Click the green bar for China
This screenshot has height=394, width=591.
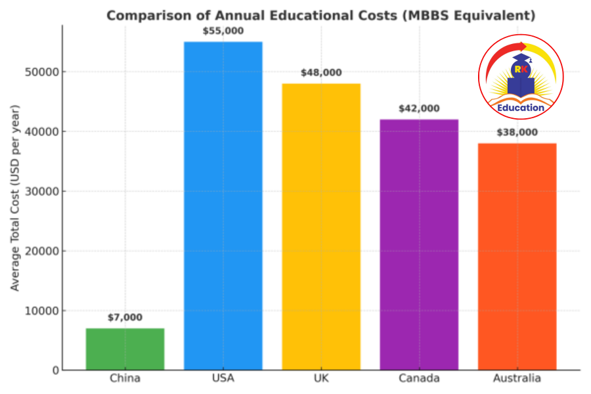click(x=125, y=349)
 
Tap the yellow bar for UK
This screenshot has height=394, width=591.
click(x=321, y=227)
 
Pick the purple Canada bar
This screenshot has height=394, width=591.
click(x=419, y=244)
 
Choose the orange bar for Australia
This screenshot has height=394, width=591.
click(x=517, y=256)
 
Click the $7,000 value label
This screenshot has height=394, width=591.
click(x=125, y=317)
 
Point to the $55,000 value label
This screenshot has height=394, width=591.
click(x=223, y=30)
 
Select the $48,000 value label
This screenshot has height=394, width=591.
click(x=321, y=73)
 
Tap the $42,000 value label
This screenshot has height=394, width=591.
click(x=419, y=108)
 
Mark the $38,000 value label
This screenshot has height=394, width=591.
click(x=517, y=132)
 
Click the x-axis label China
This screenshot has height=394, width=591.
click(x=125, y=378)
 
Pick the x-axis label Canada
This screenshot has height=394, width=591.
click(x=419, y=378)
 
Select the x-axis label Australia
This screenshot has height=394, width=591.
click(x=517, y=378)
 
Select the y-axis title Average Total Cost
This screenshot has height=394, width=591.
click(x=15, y=198)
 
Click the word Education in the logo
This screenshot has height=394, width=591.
click(x=520, y=108)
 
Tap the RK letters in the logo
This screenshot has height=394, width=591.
click(x=520, y=69)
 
